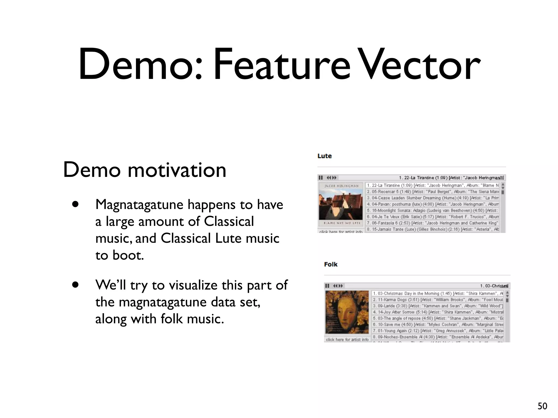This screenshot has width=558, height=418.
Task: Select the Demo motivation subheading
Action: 144,170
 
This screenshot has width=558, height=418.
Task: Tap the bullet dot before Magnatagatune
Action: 75,204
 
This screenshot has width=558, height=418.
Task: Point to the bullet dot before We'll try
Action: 75,285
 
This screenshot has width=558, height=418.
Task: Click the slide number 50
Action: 542,406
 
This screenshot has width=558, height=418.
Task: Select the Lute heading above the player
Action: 325,156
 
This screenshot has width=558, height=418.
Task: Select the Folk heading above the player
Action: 331,264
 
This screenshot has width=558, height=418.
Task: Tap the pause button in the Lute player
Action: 321,178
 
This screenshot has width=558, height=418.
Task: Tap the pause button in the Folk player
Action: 327,286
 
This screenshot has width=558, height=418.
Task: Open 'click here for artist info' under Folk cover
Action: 347,339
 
